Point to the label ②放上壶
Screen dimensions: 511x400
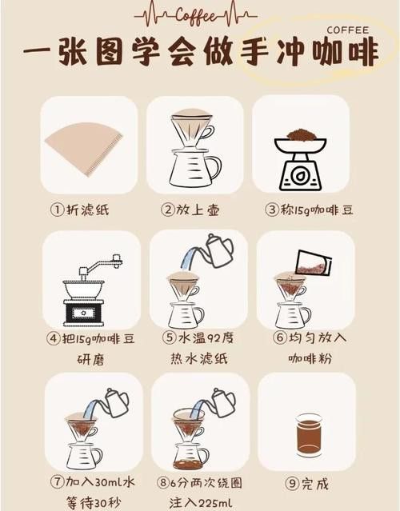190,210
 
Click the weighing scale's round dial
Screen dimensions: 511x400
301,175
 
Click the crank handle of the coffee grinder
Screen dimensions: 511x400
104,263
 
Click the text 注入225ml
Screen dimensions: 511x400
198,504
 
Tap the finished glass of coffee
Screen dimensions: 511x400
309,435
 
